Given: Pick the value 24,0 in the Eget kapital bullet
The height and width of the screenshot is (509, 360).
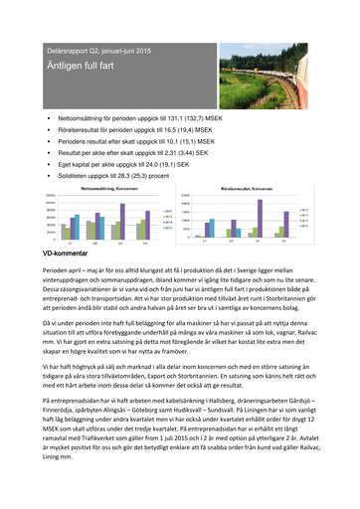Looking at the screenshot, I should (187, 169).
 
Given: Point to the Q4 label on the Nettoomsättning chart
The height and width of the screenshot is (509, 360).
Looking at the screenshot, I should (144, 242).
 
